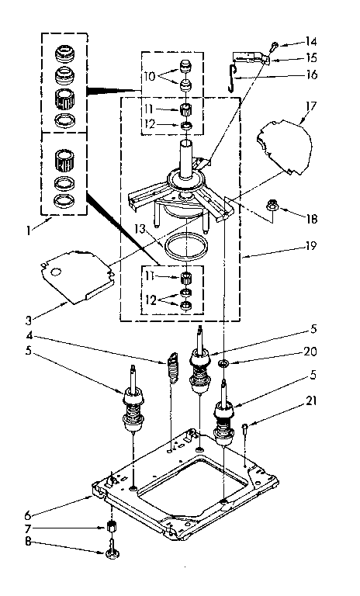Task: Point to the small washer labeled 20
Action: (223, 342)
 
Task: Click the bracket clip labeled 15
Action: (258, 57)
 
